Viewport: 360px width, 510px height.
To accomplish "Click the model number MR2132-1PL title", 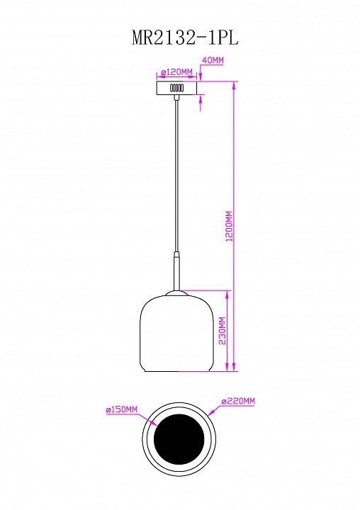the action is [x=185, y=38].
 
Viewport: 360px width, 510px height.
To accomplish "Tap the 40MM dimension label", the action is [x=213, y=60].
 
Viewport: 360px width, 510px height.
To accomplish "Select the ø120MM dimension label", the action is [x=177, y=72].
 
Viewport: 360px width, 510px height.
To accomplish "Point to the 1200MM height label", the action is [x=230, y=226].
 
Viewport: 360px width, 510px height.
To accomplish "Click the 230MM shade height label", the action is [x=222, y=331].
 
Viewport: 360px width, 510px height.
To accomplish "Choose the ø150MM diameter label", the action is [x=122, y=409].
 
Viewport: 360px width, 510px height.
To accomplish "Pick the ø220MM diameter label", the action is [x=238, y=401].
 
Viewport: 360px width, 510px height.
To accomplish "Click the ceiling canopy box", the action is [x=176, y=88].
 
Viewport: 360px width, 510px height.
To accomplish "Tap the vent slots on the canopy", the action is [x=176, y=88].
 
